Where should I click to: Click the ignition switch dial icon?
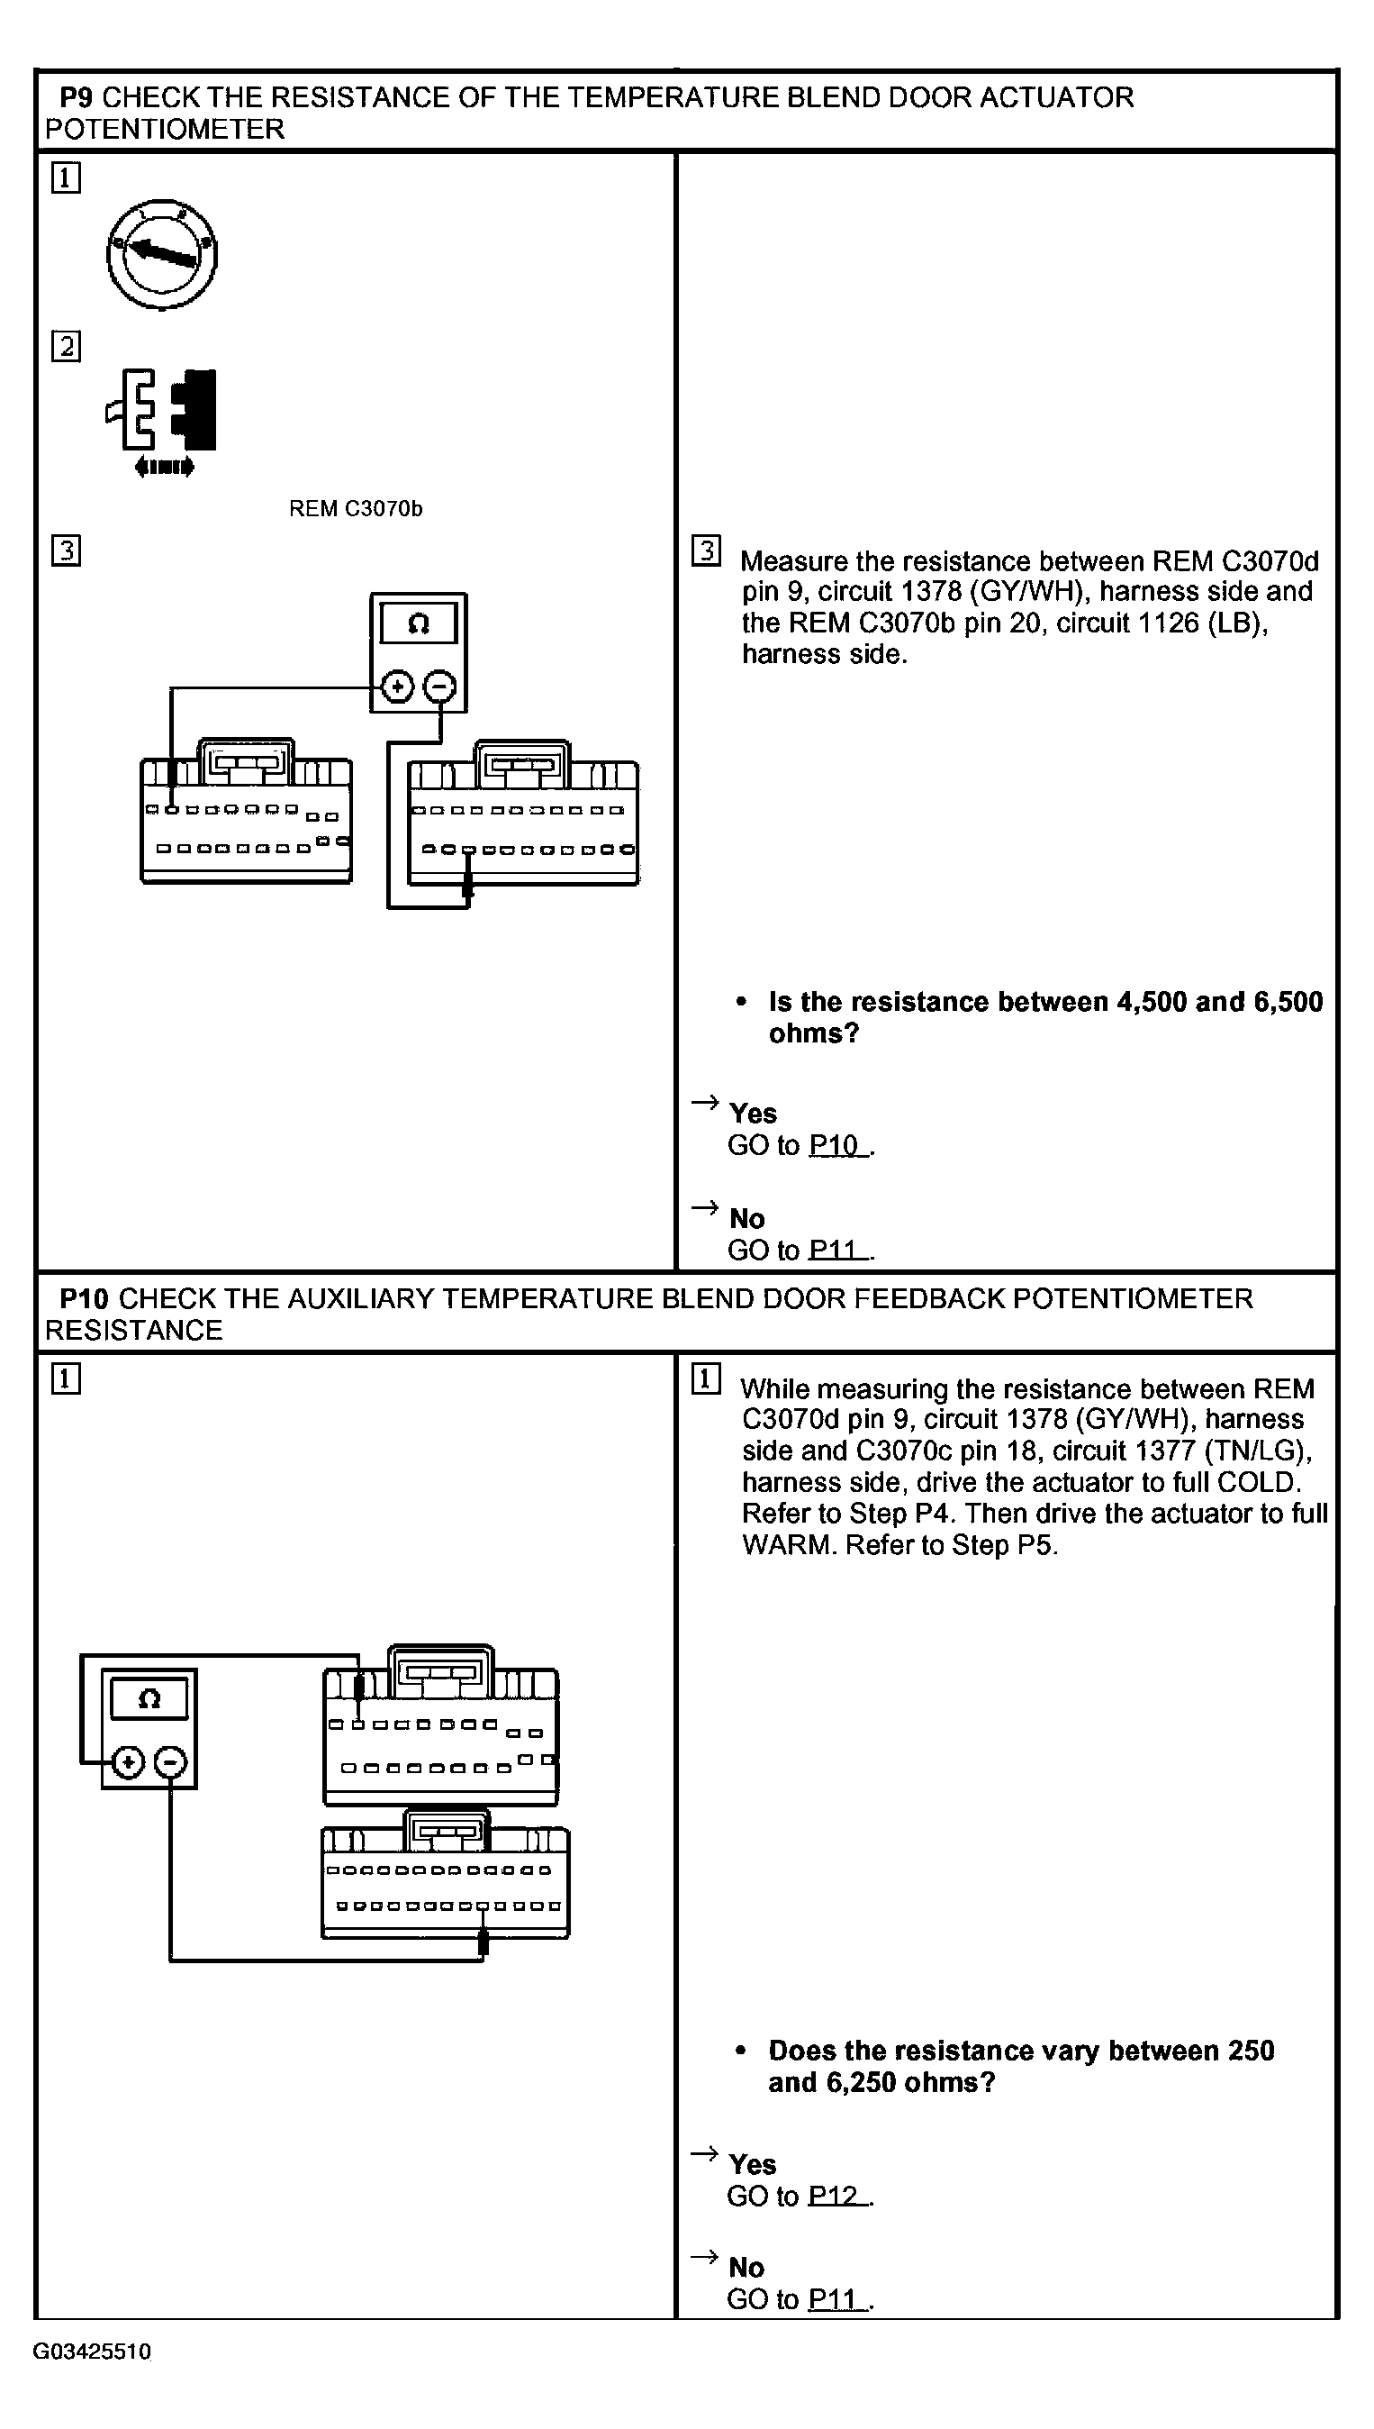tap(161, 253)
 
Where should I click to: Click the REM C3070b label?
tap(355, 509)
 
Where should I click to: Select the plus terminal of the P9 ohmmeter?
tap(397, 687)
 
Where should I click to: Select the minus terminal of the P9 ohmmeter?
tap(439, 687)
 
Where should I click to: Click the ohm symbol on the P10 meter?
tap(149, 1699)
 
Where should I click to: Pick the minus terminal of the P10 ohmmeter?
tap(171, 1761)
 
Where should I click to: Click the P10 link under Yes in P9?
tap(834, 1145)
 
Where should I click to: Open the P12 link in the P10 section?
tap(834, 2196)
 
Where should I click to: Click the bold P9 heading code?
tap(77, 97)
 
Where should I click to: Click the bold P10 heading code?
tap(84, 1299)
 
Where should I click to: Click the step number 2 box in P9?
tap(66, 347)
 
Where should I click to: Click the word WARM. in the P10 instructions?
tap(789, 1545)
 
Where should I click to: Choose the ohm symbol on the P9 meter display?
tap(419, 624)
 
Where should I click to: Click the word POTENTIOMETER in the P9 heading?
tap(165, 130)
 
